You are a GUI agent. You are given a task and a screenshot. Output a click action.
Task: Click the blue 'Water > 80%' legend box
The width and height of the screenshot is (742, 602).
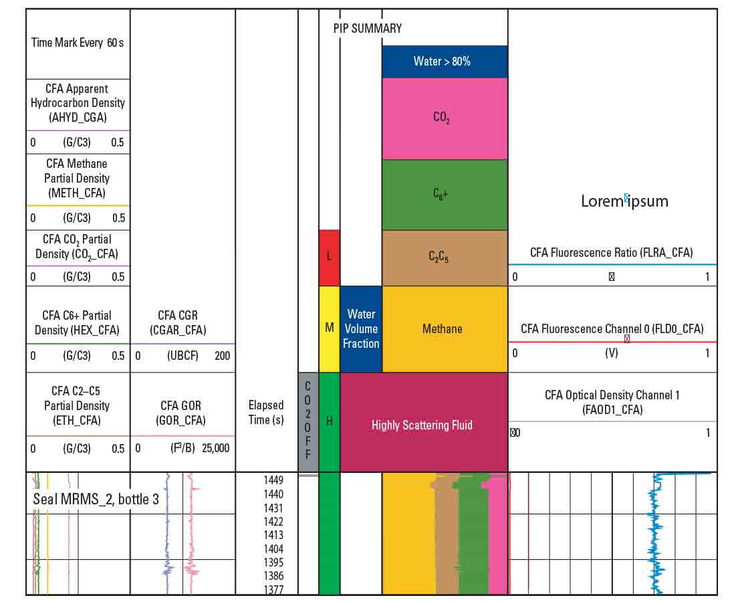click(x=445, y=62)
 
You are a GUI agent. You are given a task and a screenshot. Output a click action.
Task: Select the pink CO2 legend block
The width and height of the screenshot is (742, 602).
click(x=445, y=118)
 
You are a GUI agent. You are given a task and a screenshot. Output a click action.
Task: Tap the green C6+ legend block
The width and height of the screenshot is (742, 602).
click(x=445, y=195)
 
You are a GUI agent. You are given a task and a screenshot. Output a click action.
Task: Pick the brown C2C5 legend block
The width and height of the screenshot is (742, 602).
click(x=445, y=258)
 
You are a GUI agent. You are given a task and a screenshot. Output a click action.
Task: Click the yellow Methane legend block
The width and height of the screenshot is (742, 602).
click(x=445, y=329)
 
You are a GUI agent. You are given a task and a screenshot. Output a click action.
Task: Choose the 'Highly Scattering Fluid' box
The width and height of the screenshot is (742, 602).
click(x=422, y=425)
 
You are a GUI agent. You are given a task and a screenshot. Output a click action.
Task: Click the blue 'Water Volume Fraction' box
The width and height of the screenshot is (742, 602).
click(x=361, y=329)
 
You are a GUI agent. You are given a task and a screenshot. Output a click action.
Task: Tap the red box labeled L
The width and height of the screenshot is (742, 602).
click(x=330, y=258)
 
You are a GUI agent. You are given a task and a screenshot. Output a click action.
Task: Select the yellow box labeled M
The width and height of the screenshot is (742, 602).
click(x=330, y=329)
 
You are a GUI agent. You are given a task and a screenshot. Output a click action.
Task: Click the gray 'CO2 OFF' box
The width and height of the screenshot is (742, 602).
click(x=307, y=421)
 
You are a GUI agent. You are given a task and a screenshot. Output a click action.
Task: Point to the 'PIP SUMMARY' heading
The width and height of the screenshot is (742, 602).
click(x=368, y=28)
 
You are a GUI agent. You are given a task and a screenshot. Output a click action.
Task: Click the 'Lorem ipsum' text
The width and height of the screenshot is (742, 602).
click(x=624, y=201)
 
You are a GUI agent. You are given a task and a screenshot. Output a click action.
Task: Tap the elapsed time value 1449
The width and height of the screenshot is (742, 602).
click(x=273, y=480)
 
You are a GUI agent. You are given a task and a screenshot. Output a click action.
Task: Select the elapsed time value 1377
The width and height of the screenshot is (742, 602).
click(x=273, y=589)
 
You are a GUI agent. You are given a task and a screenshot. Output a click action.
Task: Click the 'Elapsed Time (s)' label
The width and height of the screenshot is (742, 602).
click(x=266, y=412)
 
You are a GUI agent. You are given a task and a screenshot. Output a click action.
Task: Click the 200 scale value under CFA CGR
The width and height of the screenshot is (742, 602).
click(x=222, y=356)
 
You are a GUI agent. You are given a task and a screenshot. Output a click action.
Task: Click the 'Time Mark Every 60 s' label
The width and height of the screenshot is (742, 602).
click(x=78, y=43)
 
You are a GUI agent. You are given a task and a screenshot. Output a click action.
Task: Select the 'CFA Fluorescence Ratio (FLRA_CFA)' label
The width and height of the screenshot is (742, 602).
click(x=611, y=252)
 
